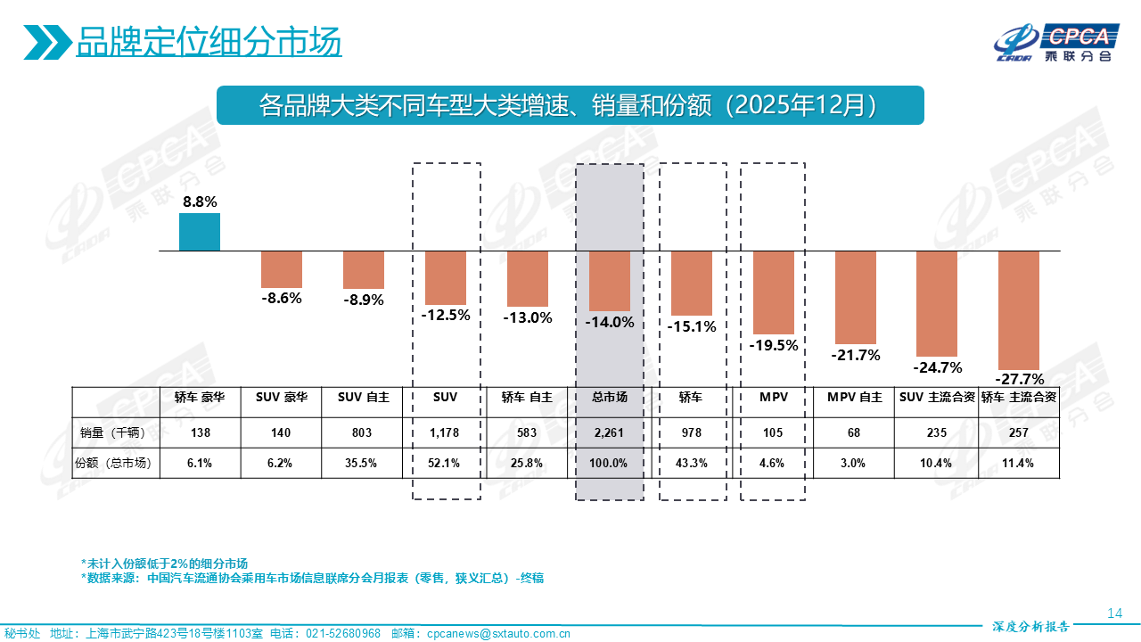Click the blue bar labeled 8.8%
(x=200, y=232)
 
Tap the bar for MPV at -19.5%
(x=773, y=292)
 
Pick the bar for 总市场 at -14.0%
(x=610, y=280)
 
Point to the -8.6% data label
(x=282, y=299)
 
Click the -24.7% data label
(x=937, y=367)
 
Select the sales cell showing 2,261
(x=610, y=433)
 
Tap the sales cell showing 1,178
(x=445, y=433)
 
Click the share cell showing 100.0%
(x=610, y=463)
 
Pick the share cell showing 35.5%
(x=363, y=463)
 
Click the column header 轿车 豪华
(x=200, y=398)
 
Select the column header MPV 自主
(x=855, y=398)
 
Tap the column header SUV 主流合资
(x=937, y=398)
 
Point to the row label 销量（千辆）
(x=114, y=433)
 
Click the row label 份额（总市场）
(x=114, y=463)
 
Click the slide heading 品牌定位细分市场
(x=209, y=42)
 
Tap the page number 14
(x=1113, y=613)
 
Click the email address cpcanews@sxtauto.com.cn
(x=499, y=634)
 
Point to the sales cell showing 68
(x=855, y=433)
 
